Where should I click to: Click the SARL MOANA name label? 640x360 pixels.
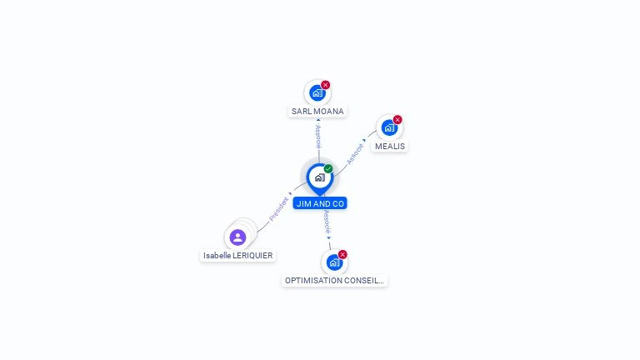point(317,112)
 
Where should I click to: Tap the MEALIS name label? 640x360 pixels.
point(390,147)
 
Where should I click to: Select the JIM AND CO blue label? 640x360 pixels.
point(320,203)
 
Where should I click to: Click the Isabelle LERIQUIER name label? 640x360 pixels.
point(238,256)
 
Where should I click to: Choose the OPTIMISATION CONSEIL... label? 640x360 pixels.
point(334,281)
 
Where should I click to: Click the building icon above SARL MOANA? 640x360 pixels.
point(317,93)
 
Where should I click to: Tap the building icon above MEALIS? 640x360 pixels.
point(389,127)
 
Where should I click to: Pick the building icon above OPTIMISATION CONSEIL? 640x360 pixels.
point(334,262)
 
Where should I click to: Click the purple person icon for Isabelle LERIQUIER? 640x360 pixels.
point(237,237)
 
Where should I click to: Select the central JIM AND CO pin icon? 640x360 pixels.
point(320,178)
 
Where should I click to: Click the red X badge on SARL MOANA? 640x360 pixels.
point(325,85)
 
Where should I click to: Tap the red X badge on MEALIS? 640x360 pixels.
point(397,120)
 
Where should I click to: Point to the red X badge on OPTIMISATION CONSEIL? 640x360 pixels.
point(342,255)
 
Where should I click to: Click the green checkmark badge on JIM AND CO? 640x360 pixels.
point(328,168)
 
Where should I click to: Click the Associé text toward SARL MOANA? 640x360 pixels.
point(318,137)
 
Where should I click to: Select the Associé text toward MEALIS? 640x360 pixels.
point(355,154)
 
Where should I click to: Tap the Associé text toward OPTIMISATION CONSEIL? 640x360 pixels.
point(327,222)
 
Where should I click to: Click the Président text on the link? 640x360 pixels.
point(279,209)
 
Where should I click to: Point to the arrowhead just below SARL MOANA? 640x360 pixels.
point(318,120)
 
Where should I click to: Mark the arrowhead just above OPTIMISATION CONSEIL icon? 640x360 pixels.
point(328,238)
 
